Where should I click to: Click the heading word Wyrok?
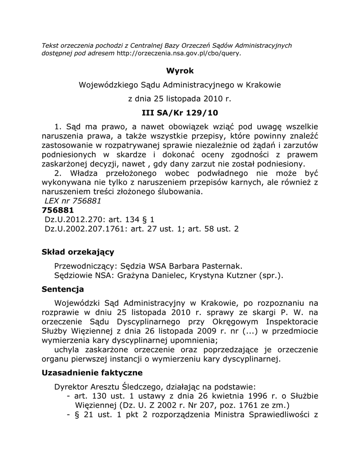point(180,71)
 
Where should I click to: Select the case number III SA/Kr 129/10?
point(180,112)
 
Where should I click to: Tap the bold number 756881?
point(58,210)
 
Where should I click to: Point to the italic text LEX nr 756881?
point(73,201)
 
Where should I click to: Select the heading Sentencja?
point(63,289)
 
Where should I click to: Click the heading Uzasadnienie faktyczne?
point(92,373)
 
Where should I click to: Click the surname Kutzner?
point(240,275)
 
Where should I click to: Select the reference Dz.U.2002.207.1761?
point(86,229)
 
